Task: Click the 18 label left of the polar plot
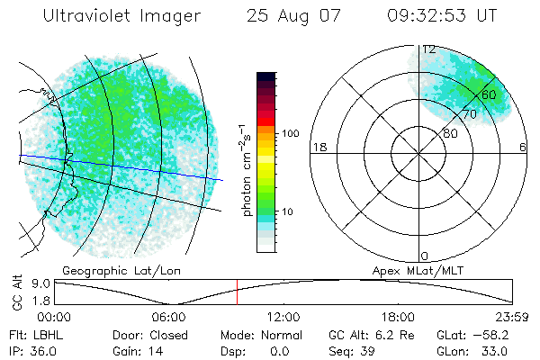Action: (318, 148)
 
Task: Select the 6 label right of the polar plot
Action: (523, 148)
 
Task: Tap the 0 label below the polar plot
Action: (425, 256)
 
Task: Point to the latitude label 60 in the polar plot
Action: (489, 94)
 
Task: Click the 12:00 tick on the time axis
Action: (283, 316)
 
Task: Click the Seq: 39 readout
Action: (354, 349)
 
